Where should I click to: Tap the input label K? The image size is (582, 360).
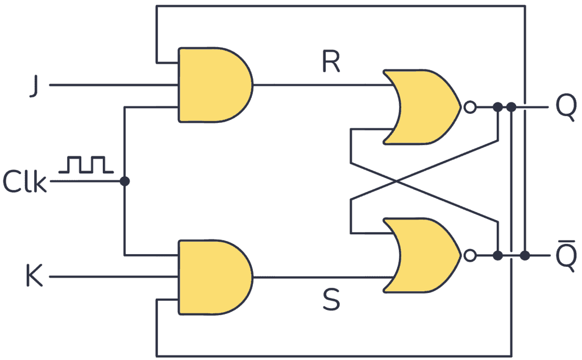coord(34,277)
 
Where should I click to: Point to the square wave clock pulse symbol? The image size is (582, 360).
coord(87,164)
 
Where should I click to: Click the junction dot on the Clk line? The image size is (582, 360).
coord(124,181)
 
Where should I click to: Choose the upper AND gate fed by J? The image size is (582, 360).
coord(213,85)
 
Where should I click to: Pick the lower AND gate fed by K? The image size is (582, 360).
coord(213,277)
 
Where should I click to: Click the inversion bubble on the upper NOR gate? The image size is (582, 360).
coord(469,107)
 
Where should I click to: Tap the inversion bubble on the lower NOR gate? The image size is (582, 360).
coord(469,256)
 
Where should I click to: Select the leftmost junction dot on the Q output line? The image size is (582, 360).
coord(497,107)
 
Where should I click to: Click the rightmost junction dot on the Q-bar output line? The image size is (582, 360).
coord(525,256)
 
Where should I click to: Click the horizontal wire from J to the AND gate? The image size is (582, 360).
coord(114,85)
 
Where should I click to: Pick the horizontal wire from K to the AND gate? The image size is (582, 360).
coord(114,277)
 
